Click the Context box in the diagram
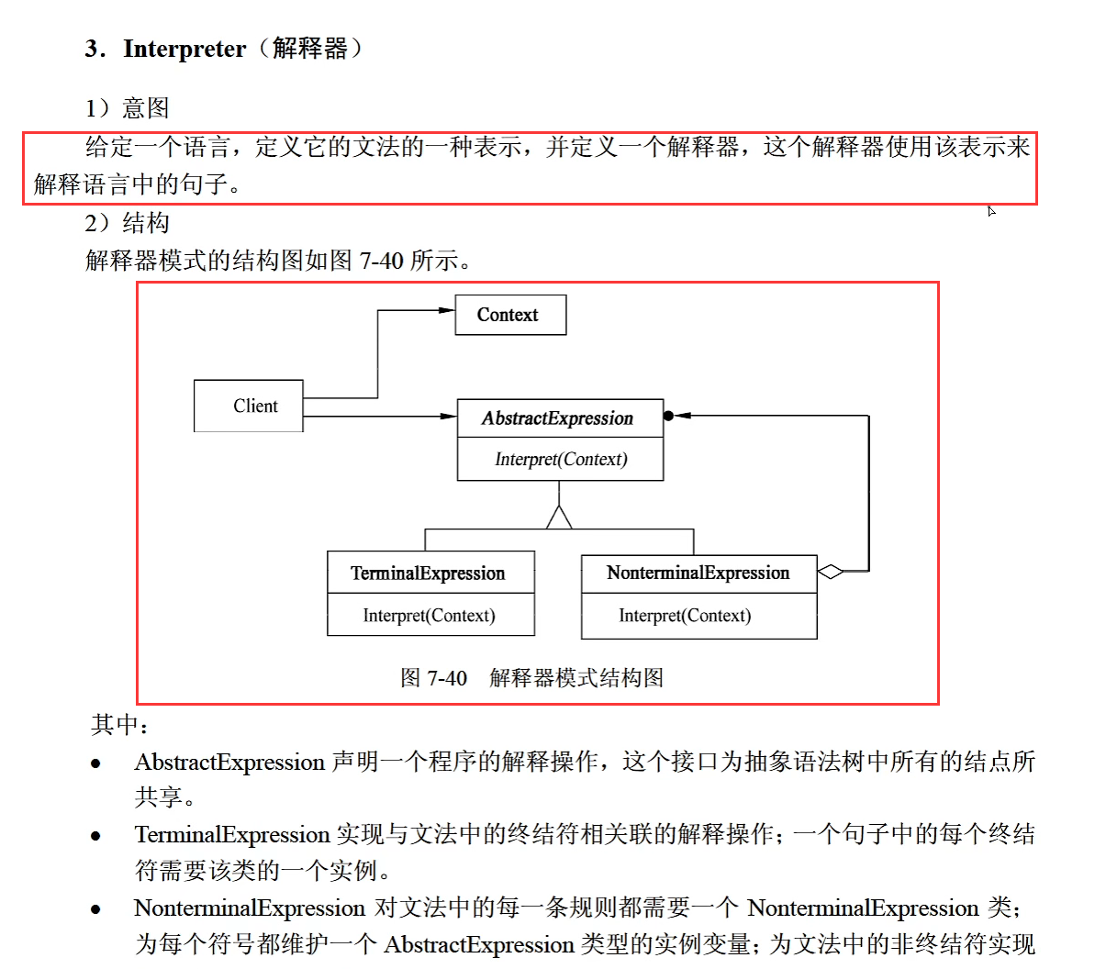(509, 315)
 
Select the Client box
(249, 406)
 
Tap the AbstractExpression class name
(557, 418)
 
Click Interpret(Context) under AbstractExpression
(561, 459)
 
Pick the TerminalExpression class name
(428, 574)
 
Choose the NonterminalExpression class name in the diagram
(698, 574)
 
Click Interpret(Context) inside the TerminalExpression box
(429, 616)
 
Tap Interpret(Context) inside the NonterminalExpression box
(685, 616)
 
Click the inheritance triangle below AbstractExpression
(559, 518)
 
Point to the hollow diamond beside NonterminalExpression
(830, 572)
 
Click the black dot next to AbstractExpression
(668, 416)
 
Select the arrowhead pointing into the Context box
(447, 310)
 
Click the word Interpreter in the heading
(184, 49)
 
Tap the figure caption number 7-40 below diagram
(446, 678)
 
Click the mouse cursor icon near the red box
(991, 211)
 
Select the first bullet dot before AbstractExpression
(95, 763)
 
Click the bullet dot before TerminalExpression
(95, 835)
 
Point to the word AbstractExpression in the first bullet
(229, 763)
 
